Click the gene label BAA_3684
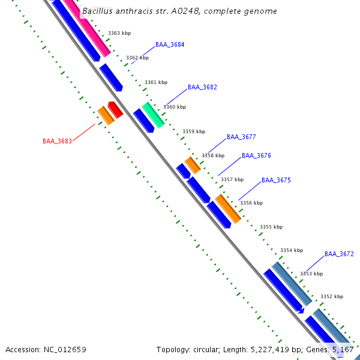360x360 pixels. point(170,45)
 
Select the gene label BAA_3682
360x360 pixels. point(202,88)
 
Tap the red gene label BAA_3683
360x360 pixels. point(57,142)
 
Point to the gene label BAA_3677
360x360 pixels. point(241,137)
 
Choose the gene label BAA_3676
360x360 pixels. point(256,156)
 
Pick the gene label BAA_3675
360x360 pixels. point(276,181)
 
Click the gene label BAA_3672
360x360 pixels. point(339,254)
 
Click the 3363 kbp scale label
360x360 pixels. point(119,34)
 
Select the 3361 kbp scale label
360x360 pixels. point(156,83)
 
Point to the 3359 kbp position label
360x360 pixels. point(194,131)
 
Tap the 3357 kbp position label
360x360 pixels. point(232,179)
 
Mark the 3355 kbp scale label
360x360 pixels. point(271,227)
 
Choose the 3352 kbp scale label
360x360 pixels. point(332,297)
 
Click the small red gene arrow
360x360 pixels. point(115,109)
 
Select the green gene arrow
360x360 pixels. point(153,114)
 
